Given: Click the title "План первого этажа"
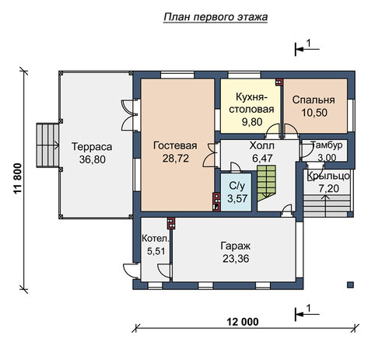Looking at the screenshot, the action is coord(216,17).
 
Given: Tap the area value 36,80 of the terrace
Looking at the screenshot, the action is coord(93,159).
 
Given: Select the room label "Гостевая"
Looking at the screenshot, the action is coord(175,145).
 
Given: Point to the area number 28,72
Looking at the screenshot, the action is coord(176,158).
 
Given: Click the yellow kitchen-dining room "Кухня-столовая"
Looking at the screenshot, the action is coord(251,106).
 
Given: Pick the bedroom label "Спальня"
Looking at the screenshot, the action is coord(314,100).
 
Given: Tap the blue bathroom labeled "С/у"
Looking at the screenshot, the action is coord(237,192).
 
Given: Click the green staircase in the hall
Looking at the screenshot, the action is coord(266,183).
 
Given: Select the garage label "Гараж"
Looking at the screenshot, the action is coord(236,246).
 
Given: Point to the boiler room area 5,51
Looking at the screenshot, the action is coord(156,251).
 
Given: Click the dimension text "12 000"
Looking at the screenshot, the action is coord(243,322).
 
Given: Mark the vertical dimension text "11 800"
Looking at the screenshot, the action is coord(17,179).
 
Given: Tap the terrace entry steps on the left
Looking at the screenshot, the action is coord(47,145).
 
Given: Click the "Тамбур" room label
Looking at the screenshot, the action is coord(326,145).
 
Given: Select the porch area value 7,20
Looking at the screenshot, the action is coord(328,188).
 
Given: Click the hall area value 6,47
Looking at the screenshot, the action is coord(262,158).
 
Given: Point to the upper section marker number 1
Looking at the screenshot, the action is coord(309,43).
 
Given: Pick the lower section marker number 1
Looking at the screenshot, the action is coord(309,309).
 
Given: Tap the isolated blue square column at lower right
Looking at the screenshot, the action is coord(350,285).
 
